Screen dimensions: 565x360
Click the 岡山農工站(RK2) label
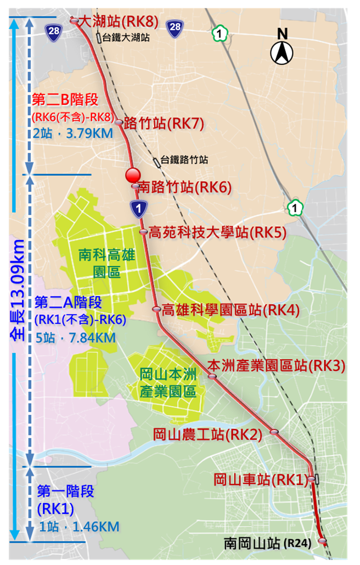coord(207,434)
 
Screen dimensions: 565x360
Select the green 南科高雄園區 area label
coord(106,263)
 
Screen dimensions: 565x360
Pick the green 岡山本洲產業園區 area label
coord(167,383)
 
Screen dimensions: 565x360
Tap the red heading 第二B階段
coord(65,100)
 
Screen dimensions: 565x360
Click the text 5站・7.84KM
coord(75,336)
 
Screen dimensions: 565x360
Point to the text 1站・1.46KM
coord(80,527)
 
